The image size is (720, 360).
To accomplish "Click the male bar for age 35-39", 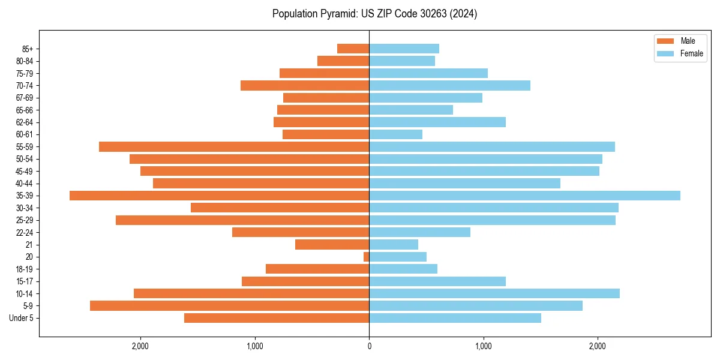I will point(219,196).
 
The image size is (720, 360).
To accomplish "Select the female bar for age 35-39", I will point(524,196).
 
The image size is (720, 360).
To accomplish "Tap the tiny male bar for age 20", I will point(366,257).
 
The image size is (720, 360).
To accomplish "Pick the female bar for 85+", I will point(404,49).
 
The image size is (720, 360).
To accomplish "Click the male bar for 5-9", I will point(229,306).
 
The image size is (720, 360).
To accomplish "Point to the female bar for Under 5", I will point(455,318).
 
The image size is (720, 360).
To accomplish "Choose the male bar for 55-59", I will point(234,146).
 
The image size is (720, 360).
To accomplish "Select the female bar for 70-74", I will point(449,85).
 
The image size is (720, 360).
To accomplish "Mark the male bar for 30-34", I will point(280,208).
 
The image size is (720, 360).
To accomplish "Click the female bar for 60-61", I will point(395,134).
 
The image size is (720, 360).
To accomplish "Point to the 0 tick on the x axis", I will point(369,346).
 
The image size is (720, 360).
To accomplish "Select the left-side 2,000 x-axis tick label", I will point(140,346).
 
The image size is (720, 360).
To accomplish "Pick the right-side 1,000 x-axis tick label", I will point(483,346).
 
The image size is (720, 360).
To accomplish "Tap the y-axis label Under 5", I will point(21,318).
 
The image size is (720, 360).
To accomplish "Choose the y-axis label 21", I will point(29,245).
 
